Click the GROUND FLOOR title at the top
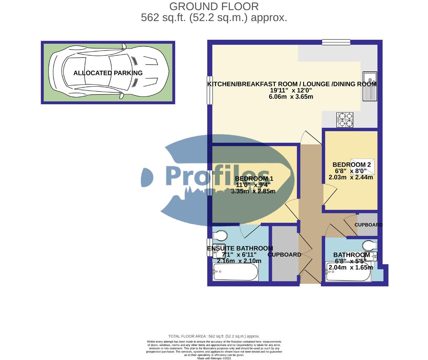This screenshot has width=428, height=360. coord(214,6)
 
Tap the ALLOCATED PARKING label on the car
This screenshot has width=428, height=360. coord(108,73)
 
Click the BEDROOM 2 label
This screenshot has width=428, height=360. coord(351,165)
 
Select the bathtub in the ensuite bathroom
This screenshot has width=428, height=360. coord(235,272)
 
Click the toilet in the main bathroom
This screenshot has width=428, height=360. coord(369,246)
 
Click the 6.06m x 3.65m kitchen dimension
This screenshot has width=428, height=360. coord(291,97)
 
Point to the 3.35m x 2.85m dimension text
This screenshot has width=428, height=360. coord(253,191)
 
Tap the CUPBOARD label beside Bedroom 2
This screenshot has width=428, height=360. coord(368,225)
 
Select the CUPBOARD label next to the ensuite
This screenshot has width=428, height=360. coord(285,255)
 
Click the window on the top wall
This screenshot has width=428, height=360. coord(336,42)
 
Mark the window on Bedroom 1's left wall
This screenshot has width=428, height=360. coord(209,183)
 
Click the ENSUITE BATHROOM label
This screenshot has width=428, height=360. coord(240,248)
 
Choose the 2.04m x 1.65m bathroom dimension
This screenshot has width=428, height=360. coord(351,267)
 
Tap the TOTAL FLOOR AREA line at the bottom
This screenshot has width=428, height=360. coord(214,336)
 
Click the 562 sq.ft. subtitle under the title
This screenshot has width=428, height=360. coord(214,17)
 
